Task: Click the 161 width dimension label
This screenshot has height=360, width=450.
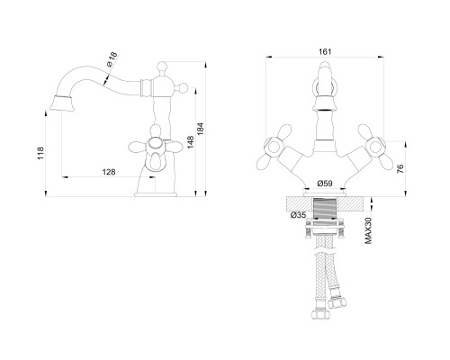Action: (325, 52)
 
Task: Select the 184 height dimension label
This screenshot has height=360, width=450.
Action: (201, 129)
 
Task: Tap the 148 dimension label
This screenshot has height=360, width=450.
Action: (191, 142)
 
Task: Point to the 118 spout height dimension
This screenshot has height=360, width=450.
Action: (40, 153)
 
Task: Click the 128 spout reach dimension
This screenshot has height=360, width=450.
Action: (109, 172)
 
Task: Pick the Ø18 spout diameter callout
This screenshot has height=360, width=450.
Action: (112, 59)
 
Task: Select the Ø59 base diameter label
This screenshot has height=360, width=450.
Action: (325, 183)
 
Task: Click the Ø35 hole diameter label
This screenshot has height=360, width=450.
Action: (298, 215)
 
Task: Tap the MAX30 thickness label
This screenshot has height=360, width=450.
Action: (368, 230)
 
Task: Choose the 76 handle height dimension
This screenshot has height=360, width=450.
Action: (400, 169)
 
